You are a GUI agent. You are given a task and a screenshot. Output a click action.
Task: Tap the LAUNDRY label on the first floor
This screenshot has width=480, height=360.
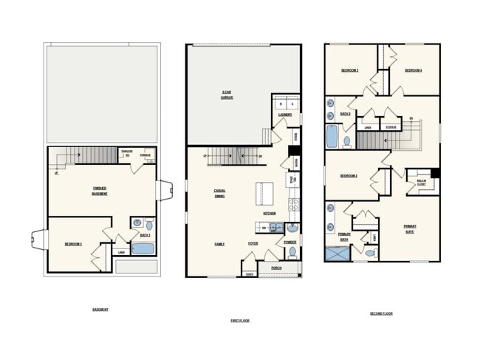(x=284, y=115)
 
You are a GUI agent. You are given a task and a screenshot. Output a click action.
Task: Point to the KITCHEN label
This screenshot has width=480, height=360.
(x=270, y=213)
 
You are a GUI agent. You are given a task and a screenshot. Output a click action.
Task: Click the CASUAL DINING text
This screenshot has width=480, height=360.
(x=219, y=193)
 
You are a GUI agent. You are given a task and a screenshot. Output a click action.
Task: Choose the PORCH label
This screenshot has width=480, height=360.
(x=276, y=268)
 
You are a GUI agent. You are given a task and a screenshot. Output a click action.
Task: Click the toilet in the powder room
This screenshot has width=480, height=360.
(x=292, y=252)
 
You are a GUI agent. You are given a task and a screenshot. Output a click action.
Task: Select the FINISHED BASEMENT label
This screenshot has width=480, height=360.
(x=100, y=190)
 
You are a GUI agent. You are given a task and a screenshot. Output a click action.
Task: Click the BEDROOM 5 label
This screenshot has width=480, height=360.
(x=73, y=243)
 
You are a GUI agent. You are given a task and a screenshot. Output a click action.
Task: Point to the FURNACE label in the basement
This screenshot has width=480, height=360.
(x=145, y=155)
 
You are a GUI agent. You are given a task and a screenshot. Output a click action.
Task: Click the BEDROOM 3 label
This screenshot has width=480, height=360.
(x=349, y=70)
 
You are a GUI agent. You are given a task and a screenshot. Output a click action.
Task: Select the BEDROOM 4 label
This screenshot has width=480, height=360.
(x=414, y=70)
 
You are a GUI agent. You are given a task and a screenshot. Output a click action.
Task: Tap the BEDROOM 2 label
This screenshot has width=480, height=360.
(x=349, y=176)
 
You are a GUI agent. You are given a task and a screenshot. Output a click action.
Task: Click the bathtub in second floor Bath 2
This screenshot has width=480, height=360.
(x=332, y=136)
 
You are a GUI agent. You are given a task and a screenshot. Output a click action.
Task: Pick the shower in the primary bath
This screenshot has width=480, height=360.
(x=336, y=254)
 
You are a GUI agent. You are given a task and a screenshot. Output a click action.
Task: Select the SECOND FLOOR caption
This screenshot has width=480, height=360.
(x=381, y=313)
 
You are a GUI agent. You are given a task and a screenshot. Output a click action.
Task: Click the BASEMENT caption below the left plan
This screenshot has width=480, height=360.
(x=100, y=309)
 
